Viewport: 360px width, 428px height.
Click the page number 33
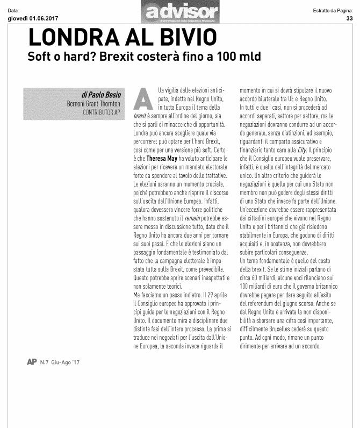349,18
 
